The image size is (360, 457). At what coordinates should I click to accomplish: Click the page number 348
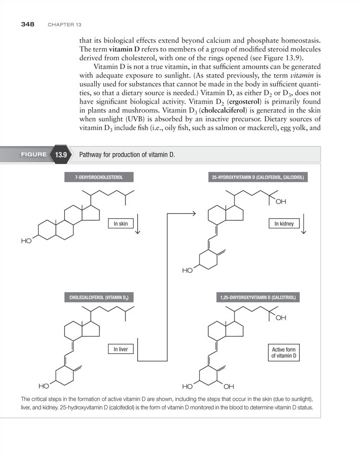pos(28,24)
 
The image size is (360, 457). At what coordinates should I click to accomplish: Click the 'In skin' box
pos(120,223)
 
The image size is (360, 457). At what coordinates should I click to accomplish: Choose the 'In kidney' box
pos(284,223)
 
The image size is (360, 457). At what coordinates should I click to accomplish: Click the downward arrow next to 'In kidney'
pos(304,224)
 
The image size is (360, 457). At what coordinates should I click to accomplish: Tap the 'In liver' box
pos(120,349)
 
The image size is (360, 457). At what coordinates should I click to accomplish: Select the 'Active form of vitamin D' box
pos(284,352)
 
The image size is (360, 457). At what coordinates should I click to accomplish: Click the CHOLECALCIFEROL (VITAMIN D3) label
pos(101,297)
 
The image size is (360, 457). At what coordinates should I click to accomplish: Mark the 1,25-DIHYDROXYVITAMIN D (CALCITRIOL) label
pos(259,297)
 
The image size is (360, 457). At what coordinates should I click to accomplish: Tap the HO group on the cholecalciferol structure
pos(45,385)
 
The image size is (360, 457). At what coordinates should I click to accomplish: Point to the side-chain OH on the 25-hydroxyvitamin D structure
pos(281,202)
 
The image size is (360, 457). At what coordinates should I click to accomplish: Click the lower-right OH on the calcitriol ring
pos(228,385)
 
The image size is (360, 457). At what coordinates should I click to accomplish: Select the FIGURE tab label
pos(34,154)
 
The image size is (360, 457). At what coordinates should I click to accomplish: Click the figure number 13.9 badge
pos(62,155)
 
